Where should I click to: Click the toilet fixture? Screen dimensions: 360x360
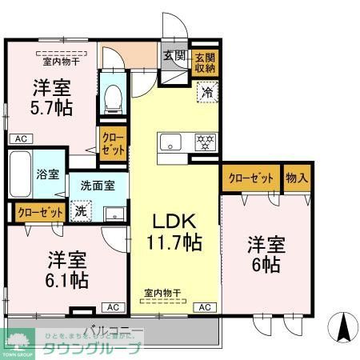point(112,94)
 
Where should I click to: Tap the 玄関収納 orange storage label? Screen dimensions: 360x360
point(202,62)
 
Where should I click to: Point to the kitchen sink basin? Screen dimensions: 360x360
point(172,143)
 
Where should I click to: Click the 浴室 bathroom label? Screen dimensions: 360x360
point(46,174)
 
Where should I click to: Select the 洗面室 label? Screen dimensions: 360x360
point(97,185)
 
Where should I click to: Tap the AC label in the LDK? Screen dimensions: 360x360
point(205,307)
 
